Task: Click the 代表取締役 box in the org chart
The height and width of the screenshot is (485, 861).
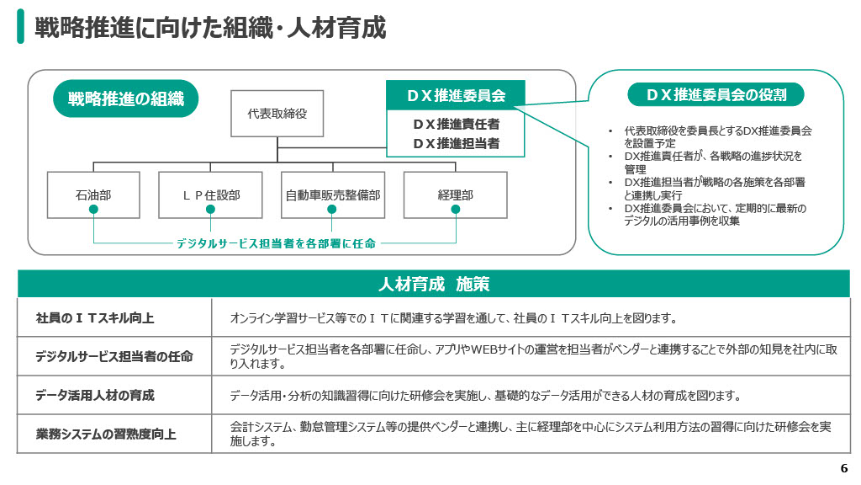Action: pyautogui.click(x=277, y=113)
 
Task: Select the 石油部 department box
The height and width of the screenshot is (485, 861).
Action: pyautogui.click(x=93, y=195)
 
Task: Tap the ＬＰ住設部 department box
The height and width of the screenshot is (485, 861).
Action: pyautogui.click(x=210, y=195)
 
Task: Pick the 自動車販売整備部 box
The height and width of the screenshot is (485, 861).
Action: pyautogui.click(x=333, y=195)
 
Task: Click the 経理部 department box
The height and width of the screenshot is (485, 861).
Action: pyautogui.click(x=456, y=195)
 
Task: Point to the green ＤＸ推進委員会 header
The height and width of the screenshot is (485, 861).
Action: pyautogui.click(x=456, y=95)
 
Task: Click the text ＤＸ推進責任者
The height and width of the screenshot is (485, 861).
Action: pyautogui.click(x=456, y=124)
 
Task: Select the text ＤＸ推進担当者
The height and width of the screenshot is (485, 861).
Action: pyautogui.click(x=456, y=143)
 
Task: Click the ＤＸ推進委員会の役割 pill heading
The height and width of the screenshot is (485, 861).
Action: pyautogui.click(x=716, y=94)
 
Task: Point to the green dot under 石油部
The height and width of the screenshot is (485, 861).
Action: pyautogui.click(x=94, y=209)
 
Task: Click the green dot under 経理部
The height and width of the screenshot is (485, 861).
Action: pyautogui.click(x=456, y=209)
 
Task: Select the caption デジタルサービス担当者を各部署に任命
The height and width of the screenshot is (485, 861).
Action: pyautogui.click(x=276, y=243)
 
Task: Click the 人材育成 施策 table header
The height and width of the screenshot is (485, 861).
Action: pyautogui.click(x=434, y=284)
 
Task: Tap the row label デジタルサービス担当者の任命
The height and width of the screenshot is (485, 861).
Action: pyautogui.click(x=114, y=356)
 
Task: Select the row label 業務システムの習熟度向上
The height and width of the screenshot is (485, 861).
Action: pyautogui.click(x=106, y=434)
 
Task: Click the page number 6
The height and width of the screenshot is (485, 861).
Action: pyautogui.click(x=844, y=469)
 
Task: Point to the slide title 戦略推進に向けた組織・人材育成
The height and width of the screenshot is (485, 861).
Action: pyautogui.click(x=210, y=28)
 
